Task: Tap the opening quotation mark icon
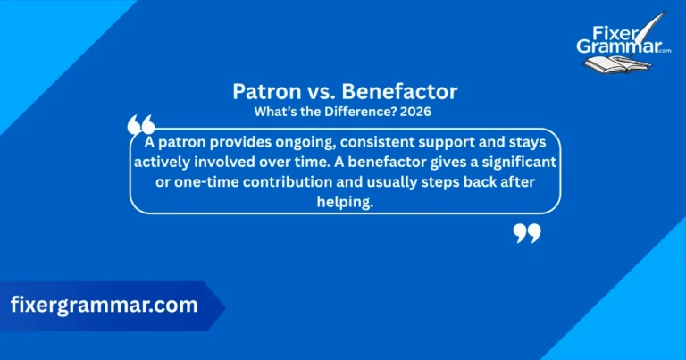(x=140, y=125)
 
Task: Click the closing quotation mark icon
(x=527, y=234)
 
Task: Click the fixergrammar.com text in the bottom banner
(x=104, y=305)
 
